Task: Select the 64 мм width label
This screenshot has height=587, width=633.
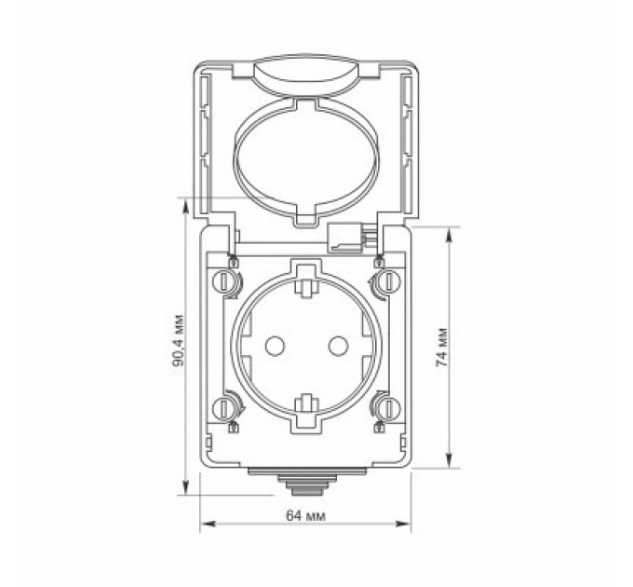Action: (x=303, y=515)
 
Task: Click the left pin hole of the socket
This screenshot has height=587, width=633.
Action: (x=274, y=346)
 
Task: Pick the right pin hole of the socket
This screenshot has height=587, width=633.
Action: (x=331, y=346)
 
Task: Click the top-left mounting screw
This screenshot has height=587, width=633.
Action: (x=224, y=282)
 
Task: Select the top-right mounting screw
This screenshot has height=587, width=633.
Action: (x=383, y=282)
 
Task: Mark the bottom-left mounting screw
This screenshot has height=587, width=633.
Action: (x=224, y=407)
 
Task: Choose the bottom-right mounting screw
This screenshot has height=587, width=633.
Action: (x=383, y=407)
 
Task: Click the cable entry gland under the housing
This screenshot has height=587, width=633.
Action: (x=303, y=484)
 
